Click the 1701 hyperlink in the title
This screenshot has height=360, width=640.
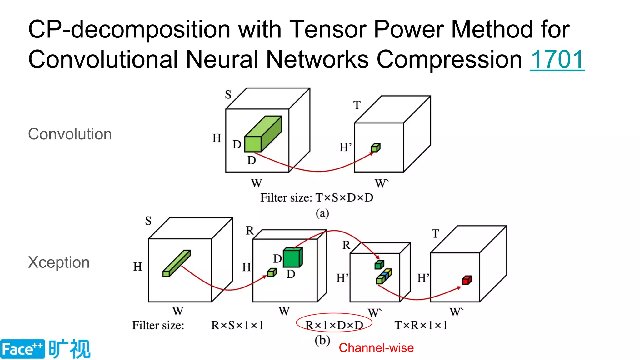click(x=557, y=59)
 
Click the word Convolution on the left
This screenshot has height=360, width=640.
click(x=70, y=134)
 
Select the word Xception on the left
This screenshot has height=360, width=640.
click(x=59, y=262)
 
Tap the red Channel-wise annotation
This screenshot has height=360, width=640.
click(x=376, y=348)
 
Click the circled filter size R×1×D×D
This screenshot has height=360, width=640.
click(x=334, y=325)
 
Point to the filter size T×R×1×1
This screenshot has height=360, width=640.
click(x=421, y=325)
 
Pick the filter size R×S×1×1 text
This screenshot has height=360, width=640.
click(x=237, y=325)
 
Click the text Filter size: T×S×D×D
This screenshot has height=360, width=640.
click(x=317, y=197)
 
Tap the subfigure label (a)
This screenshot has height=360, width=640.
click(x=322, y=213)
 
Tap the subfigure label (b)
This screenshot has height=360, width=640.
click(x=322, y=340)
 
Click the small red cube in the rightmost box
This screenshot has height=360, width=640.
click(x=466, y=280)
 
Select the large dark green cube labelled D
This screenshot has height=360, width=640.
click(x=292, y=257)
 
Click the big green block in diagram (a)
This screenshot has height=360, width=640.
click(x=263, y=134)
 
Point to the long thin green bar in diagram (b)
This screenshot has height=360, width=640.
click(x=177, y=263)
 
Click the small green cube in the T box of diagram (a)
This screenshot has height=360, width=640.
click(x=375, y=148)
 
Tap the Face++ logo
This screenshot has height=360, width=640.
click(x=22, y=349)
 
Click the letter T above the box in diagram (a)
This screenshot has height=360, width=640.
click(x=357, y=105)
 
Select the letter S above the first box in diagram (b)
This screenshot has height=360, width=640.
click(x=148, y=221)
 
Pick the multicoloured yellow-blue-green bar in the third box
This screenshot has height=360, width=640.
click(x=384, y=276)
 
